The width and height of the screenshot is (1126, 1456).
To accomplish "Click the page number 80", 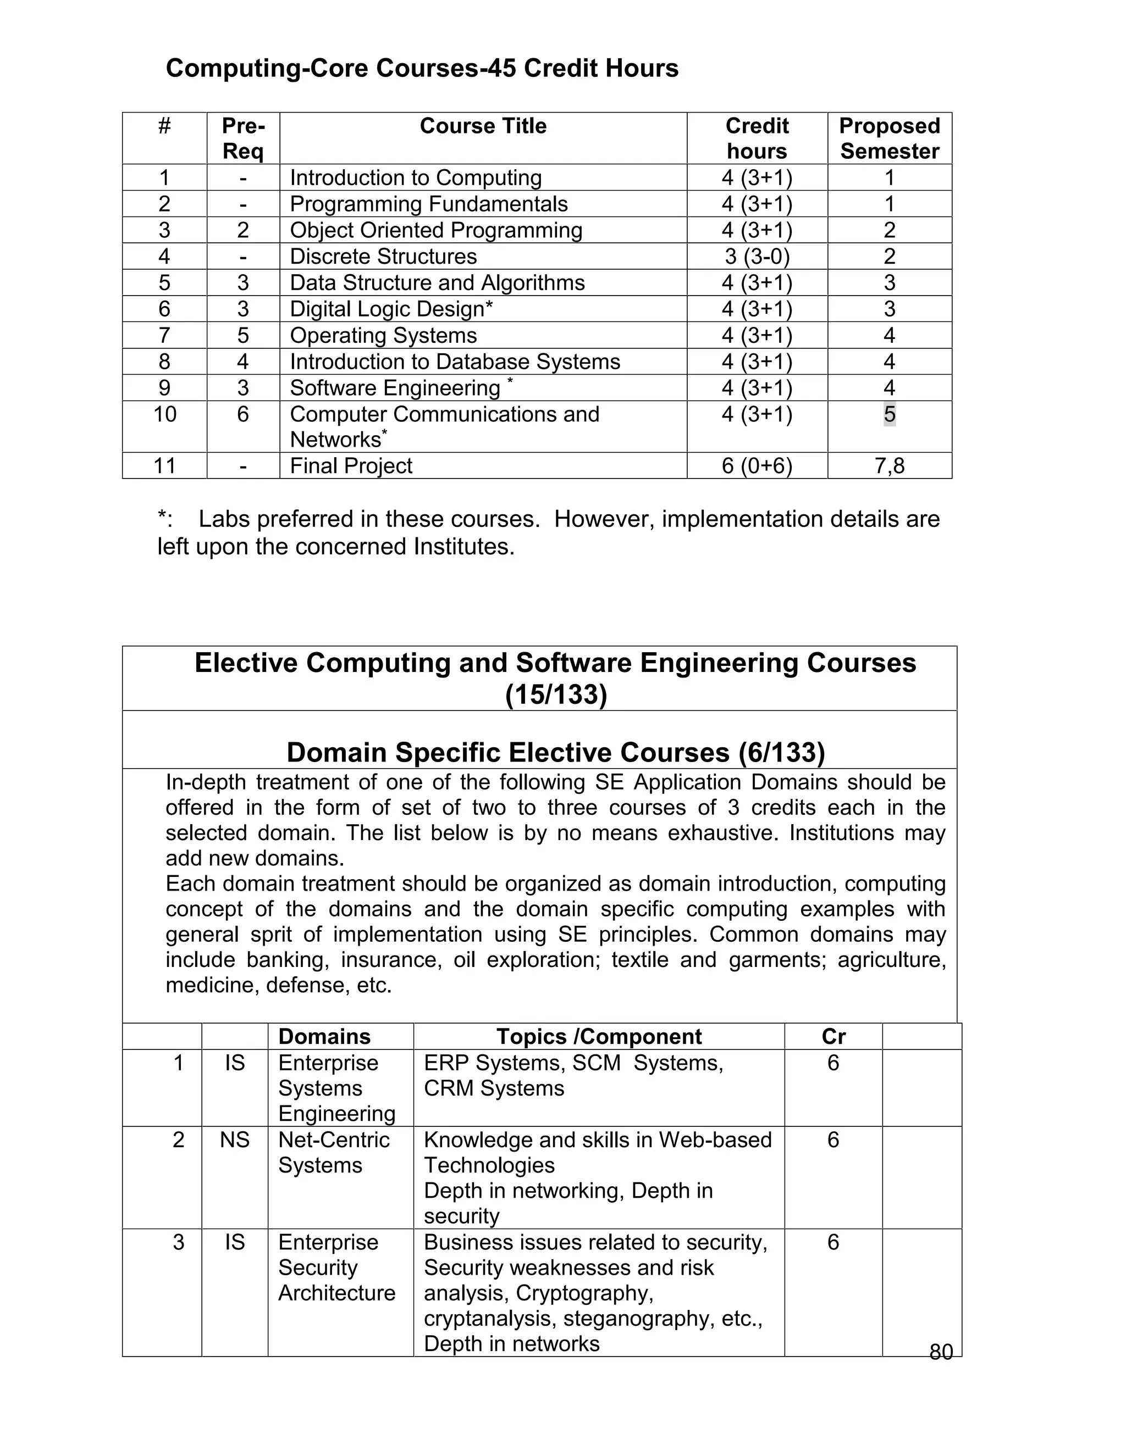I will pyautogui.click(x=941, y=1352).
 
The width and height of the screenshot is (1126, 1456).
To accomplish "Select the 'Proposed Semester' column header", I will pyautogui.click(x=889, y=138).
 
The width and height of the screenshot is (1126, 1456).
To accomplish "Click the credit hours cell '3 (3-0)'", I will pyautogui.click(x=757, y=256).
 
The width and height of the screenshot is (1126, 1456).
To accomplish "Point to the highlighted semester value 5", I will pyautogui.click(x=889, y=414).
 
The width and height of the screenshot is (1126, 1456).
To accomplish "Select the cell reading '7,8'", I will pyautogui.click(x=889, y=465).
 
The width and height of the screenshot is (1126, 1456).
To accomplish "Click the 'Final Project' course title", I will pyautogui.click(x=351, y=465).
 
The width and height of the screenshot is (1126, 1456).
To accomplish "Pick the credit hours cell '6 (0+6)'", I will pyautogui.click(x=757, y=465).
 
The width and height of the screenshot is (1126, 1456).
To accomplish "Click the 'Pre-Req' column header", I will pyautogui.click(x=243, y=138).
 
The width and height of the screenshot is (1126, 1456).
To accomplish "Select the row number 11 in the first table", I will pyautogui.click(x=165, y=465).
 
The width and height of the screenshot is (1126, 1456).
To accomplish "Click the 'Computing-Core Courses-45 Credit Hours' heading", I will pyautogui.click(x=422, y=68).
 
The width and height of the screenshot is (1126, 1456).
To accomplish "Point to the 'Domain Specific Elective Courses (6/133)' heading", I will pyautogui.click(x=556, y=752).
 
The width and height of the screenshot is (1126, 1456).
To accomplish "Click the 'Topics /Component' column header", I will pyautogui.click(x=598, y=1037).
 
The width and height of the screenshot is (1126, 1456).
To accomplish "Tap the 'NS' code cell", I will pyautogui.click(x=235, y=1140).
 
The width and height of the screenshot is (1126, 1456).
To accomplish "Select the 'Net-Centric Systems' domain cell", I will pyautogui.click(x=334, y=1152).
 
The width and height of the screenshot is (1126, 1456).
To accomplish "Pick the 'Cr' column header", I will pyautogui.click(x=833, y=1037).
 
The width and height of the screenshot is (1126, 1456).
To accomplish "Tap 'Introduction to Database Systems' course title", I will pyautogui.click(x=454, y=362).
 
